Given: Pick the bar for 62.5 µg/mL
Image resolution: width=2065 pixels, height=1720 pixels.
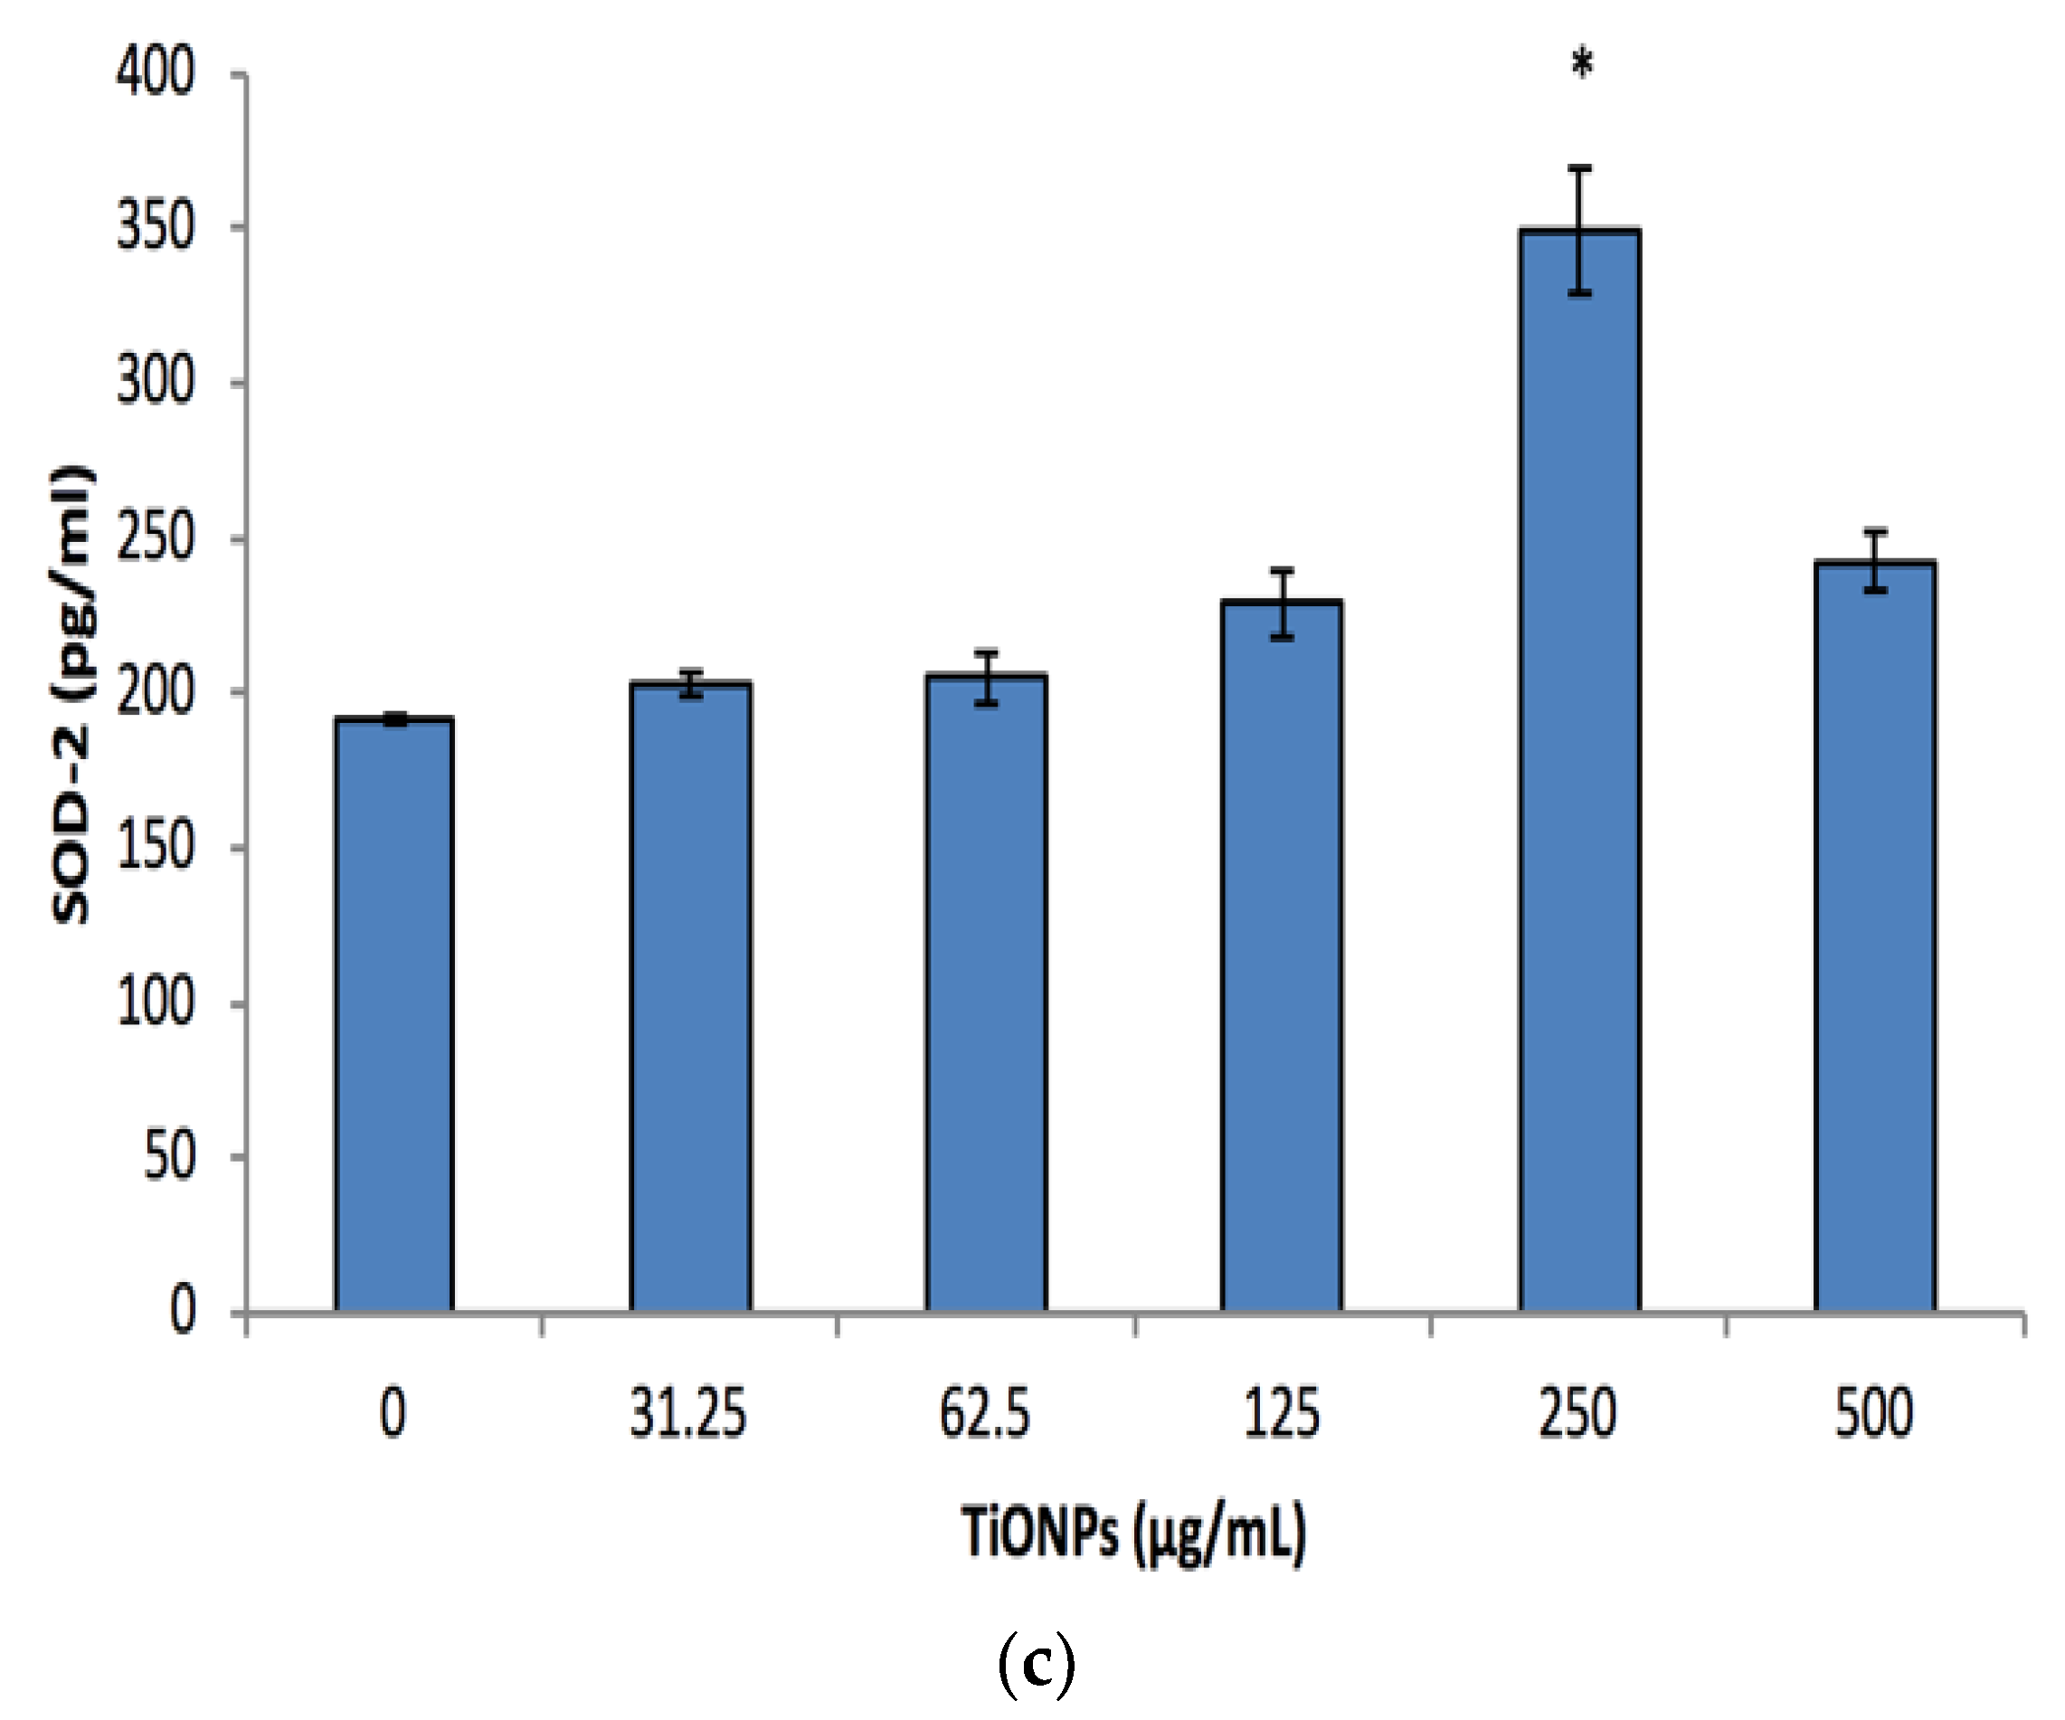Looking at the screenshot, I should tap(986, 993).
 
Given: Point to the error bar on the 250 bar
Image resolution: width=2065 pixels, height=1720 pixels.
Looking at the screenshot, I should tap(1579, 230).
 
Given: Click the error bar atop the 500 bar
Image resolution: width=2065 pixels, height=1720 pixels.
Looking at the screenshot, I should tap(1875, 561).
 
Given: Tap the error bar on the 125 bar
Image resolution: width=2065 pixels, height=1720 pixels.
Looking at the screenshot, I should tap(1282, 603).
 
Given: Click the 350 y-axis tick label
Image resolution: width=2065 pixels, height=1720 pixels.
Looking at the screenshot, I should tap(156, 227).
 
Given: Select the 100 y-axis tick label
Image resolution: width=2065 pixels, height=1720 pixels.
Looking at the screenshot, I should tap(156, 1003).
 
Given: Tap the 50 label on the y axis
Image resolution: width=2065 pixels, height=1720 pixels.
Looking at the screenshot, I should tap(169, 1157).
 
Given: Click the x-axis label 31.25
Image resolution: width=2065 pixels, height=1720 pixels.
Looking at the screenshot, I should tap(688, 1414).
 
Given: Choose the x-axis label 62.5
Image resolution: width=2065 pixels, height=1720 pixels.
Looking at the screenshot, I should tap(985, 1414).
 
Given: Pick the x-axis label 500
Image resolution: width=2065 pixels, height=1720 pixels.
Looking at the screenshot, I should tap(1874, 1414).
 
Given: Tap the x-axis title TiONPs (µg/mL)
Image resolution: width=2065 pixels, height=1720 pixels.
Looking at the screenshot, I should tap(1133, 1532).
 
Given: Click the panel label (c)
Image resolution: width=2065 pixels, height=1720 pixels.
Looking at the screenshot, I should tap(1036, 1663).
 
